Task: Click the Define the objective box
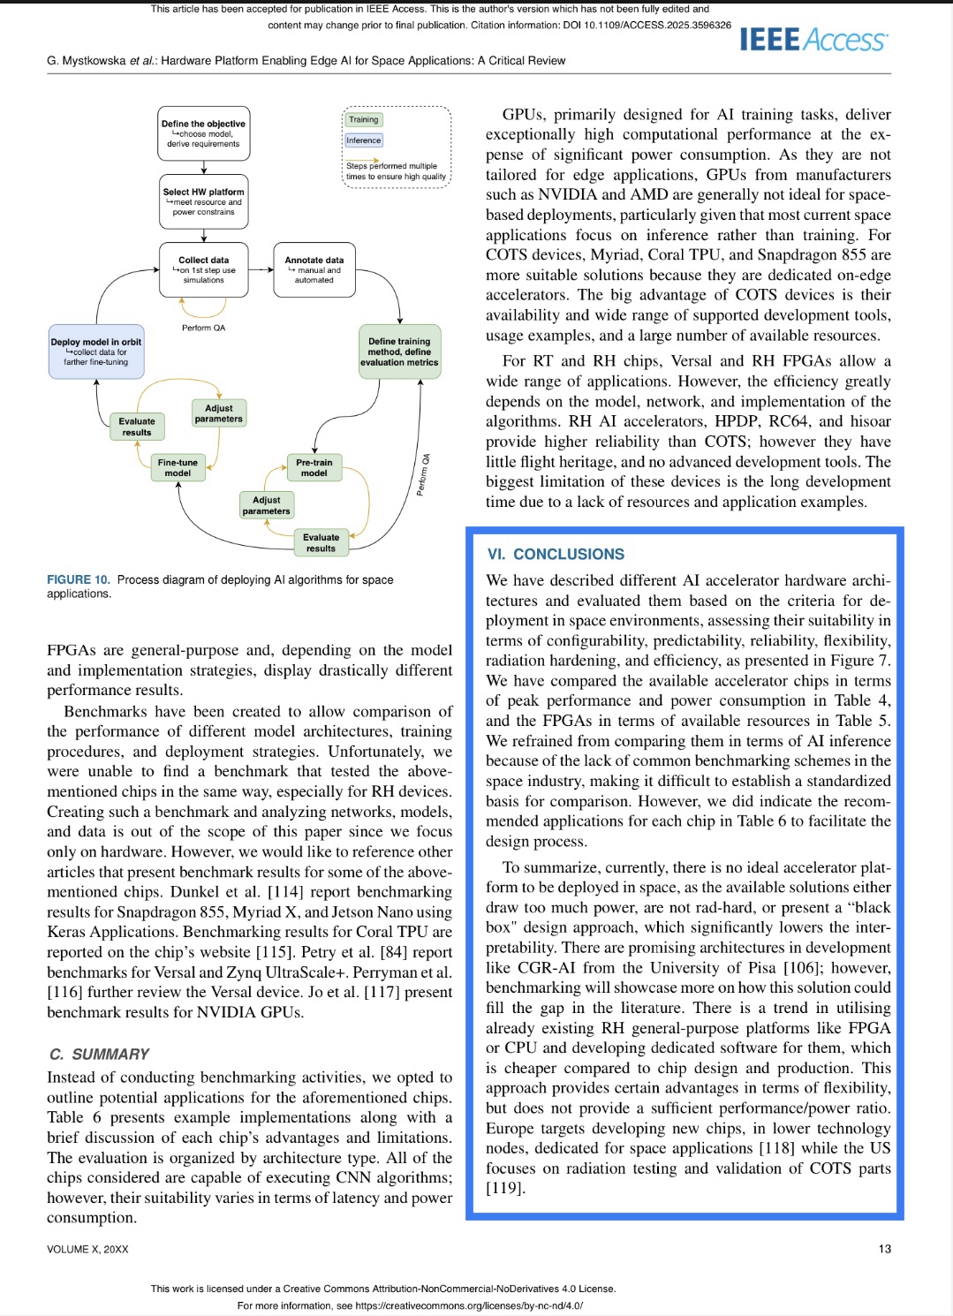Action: (x=203, y=133)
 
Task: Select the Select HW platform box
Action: (x=203, y=201)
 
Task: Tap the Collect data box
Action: (x=203, y=269)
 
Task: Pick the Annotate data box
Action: (x=314, y=269)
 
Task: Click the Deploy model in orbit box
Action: (x=96, y=352)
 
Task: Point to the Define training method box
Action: (x=399, y=352)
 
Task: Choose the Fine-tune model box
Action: (x=178, y=468)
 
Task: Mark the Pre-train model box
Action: (x=314, y=468)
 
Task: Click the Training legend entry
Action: (x=363, y=119)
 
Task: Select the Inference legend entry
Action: (x=364, y=140)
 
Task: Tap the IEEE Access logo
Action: (x=813, y=40)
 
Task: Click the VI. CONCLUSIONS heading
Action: (x=556, y=555)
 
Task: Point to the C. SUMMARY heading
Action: (x=100, y=1055)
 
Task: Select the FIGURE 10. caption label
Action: (x=79, y=580)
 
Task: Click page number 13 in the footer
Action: (x=885, y=1249)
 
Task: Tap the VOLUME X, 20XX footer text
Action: (x=87, y=1249)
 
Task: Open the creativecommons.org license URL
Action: (x=469, y=1305)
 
